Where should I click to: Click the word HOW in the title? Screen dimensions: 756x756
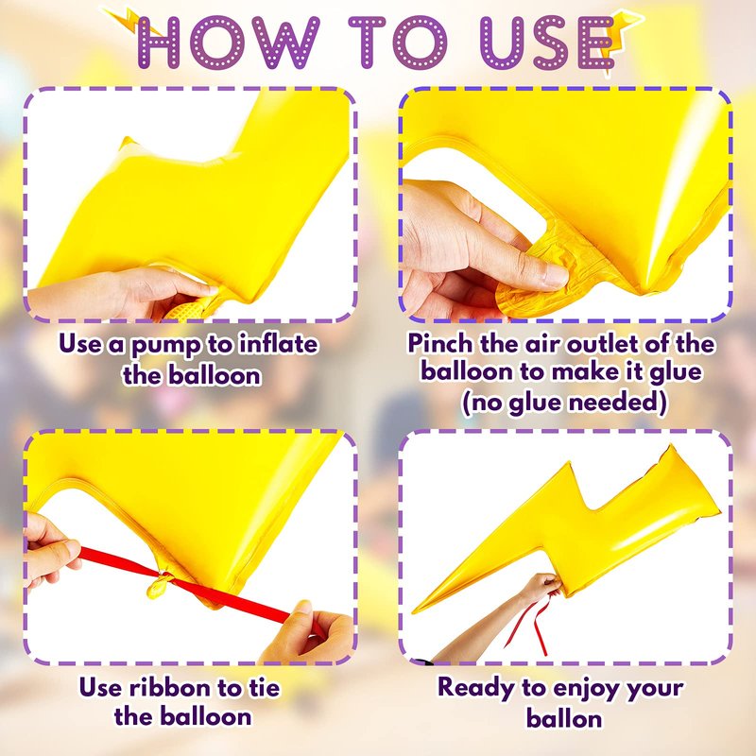pos(228,42)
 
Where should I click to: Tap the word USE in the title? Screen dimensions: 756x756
pos(548,43)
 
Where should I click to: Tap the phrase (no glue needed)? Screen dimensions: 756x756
pos(564,403)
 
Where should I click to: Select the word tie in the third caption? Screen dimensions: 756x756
pos(264,687)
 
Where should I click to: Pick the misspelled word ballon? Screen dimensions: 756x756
pos(563,718)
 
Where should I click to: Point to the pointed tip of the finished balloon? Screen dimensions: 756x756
pos(414,612)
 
